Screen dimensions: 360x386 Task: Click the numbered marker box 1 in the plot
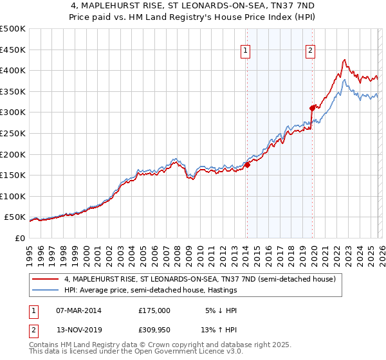[x=246, y=53]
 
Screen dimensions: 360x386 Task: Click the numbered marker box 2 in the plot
[x=310, y=53]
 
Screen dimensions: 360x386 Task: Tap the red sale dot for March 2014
[x=247, y=165]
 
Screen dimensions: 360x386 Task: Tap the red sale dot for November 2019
[x=312, y=108]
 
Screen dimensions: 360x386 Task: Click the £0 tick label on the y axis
[x=19, y=238]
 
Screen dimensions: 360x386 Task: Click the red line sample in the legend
[x=47, y=279]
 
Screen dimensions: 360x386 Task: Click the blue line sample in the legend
[x=47, y=291]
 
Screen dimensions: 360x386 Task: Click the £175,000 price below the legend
[x=154, y=310]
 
